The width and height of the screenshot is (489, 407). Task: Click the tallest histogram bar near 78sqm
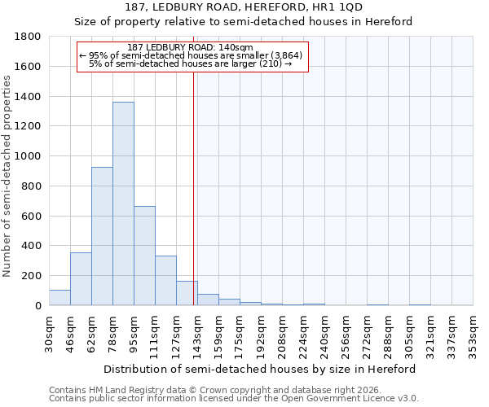pyautogui.click(x=123, y=203)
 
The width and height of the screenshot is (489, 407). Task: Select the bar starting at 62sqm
pyautogui.click(x=102, y=236)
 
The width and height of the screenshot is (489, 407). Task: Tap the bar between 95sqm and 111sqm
pyautogui.click(x=144, y=256)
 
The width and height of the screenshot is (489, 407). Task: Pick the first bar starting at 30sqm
pyautogui.click(x=59, y=298)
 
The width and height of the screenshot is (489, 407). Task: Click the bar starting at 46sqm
pyautogui.click(x=81, y=279)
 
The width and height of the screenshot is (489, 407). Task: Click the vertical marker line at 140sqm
pyautogui.click(x=193, y=187)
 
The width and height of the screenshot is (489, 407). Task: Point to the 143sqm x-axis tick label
pyautogui.click(x=198, y=334)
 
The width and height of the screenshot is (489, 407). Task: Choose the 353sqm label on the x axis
pyautogui.click(x=474, y=334)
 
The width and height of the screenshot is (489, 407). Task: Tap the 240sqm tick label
pyautogui.click(x=325, y=334)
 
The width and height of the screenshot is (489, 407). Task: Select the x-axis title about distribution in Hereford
pyautogui.click(x=261, y=369)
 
